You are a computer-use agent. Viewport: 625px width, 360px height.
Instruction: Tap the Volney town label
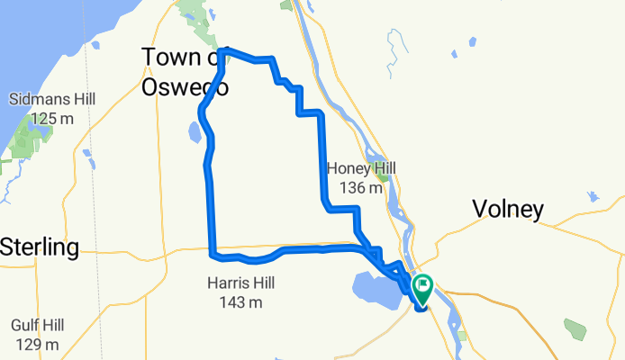pyautogui.click(x=508, y=210)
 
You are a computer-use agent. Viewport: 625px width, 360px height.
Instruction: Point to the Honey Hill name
pyautogui.click(x=361, y=168)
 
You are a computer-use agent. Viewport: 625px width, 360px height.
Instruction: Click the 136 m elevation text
pyautogui.click(x=361, y=188)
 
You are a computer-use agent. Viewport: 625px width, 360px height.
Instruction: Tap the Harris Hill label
pyautogui.click(x=240, y=283)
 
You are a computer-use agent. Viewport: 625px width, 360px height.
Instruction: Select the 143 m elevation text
pyautogui.click(x=240, y=302)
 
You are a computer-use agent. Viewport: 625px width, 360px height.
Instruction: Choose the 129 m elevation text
pyautogui.click(x=36, y=344)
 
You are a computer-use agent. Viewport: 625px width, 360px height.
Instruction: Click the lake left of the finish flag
pyautogui.click(x=372, y=291)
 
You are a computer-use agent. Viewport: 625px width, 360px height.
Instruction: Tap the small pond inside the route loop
pyautogui.click(x=195, y=133)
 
